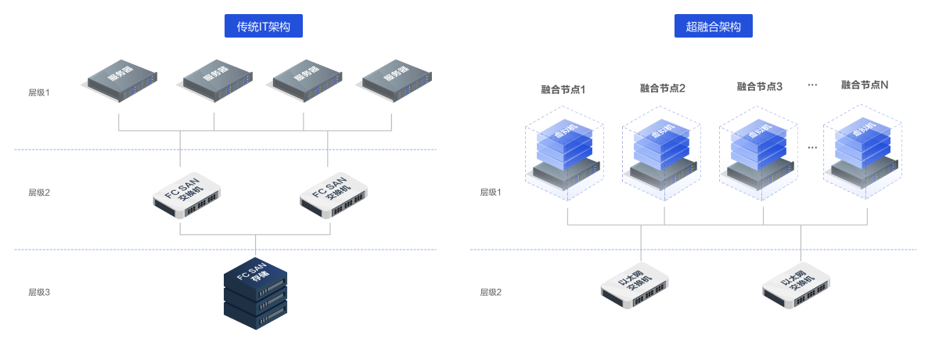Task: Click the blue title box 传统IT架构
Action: tap(264, 27)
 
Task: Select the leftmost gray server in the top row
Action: tap(122, 78)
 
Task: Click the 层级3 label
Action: tap(39, 292)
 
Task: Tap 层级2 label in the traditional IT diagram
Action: tap(39, 192)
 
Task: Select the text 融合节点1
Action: tap(563, 88)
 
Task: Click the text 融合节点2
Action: tap(662, 88)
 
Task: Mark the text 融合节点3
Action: tap(760, 86)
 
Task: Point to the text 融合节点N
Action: tap(865, 85)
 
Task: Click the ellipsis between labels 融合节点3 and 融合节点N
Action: tap(811, 84)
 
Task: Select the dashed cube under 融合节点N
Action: tap(864, 153)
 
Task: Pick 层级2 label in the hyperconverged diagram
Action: tap(491, 292)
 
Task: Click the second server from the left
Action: tap(218, 78)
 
